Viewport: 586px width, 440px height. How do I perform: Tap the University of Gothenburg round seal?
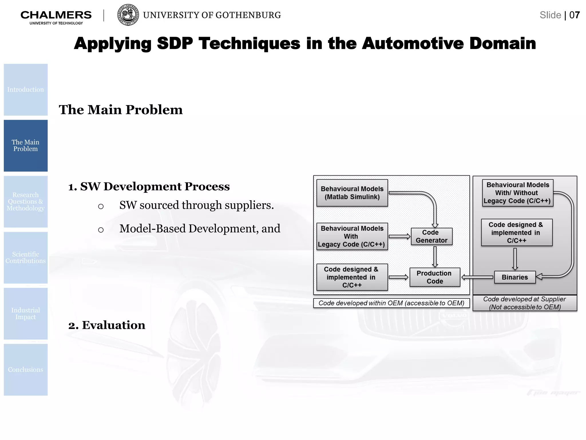[128, 15]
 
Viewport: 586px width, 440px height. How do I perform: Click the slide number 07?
[574, 15]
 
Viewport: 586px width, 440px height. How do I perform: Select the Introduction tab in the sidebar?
[26, 90]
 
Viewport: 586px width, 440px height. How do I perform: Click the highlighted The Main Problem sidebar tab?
[26, 146]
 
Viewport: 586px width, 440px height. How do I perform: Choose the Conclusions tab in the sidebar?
[26, 370]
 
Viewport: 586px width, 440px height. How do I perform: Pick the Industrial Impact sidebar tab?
[26, 314]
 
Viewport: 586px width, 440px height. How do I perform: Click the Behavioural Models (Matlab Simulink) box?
[352, 193]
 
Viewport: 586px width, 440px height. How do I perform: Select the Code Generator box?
[431, 236]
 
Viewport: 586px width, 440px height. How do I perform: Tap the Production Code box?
[434, 277]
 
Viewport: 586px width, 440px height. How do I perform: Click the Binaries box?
[514, 277]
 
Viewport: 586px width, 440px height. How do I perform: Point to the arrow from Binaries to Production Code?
[477, 277]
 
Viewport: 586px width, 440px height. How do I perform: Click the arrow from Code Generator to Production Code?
[435, 256]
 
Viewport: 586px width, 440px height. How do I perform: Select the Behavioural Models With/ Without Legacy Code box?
[517, 193]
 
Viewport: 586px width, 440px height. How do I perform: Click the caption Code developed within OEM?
[391, 303]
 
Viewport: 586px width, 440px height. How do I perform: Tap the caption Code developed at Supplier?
[524, 303]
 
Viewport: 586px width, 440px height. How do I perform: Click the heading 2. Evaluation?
[107, 325]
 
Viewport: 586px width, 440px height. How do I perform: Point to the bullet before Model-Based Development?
[101, 230]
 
